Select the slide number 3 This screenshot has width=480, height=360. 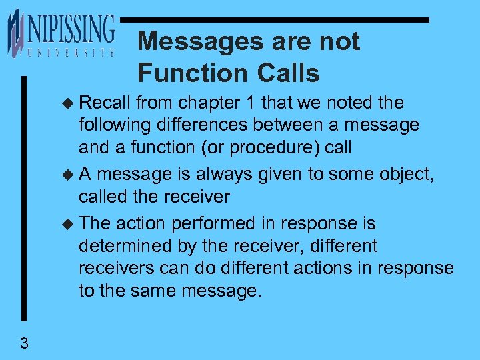(x=24, y=344)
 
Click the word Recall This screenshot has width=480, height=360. (x=105, y=103)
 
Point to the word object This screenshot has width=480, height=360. (x=403, y=175)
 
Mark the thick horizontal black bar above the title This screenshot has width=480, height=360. (x=277, y=21)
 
